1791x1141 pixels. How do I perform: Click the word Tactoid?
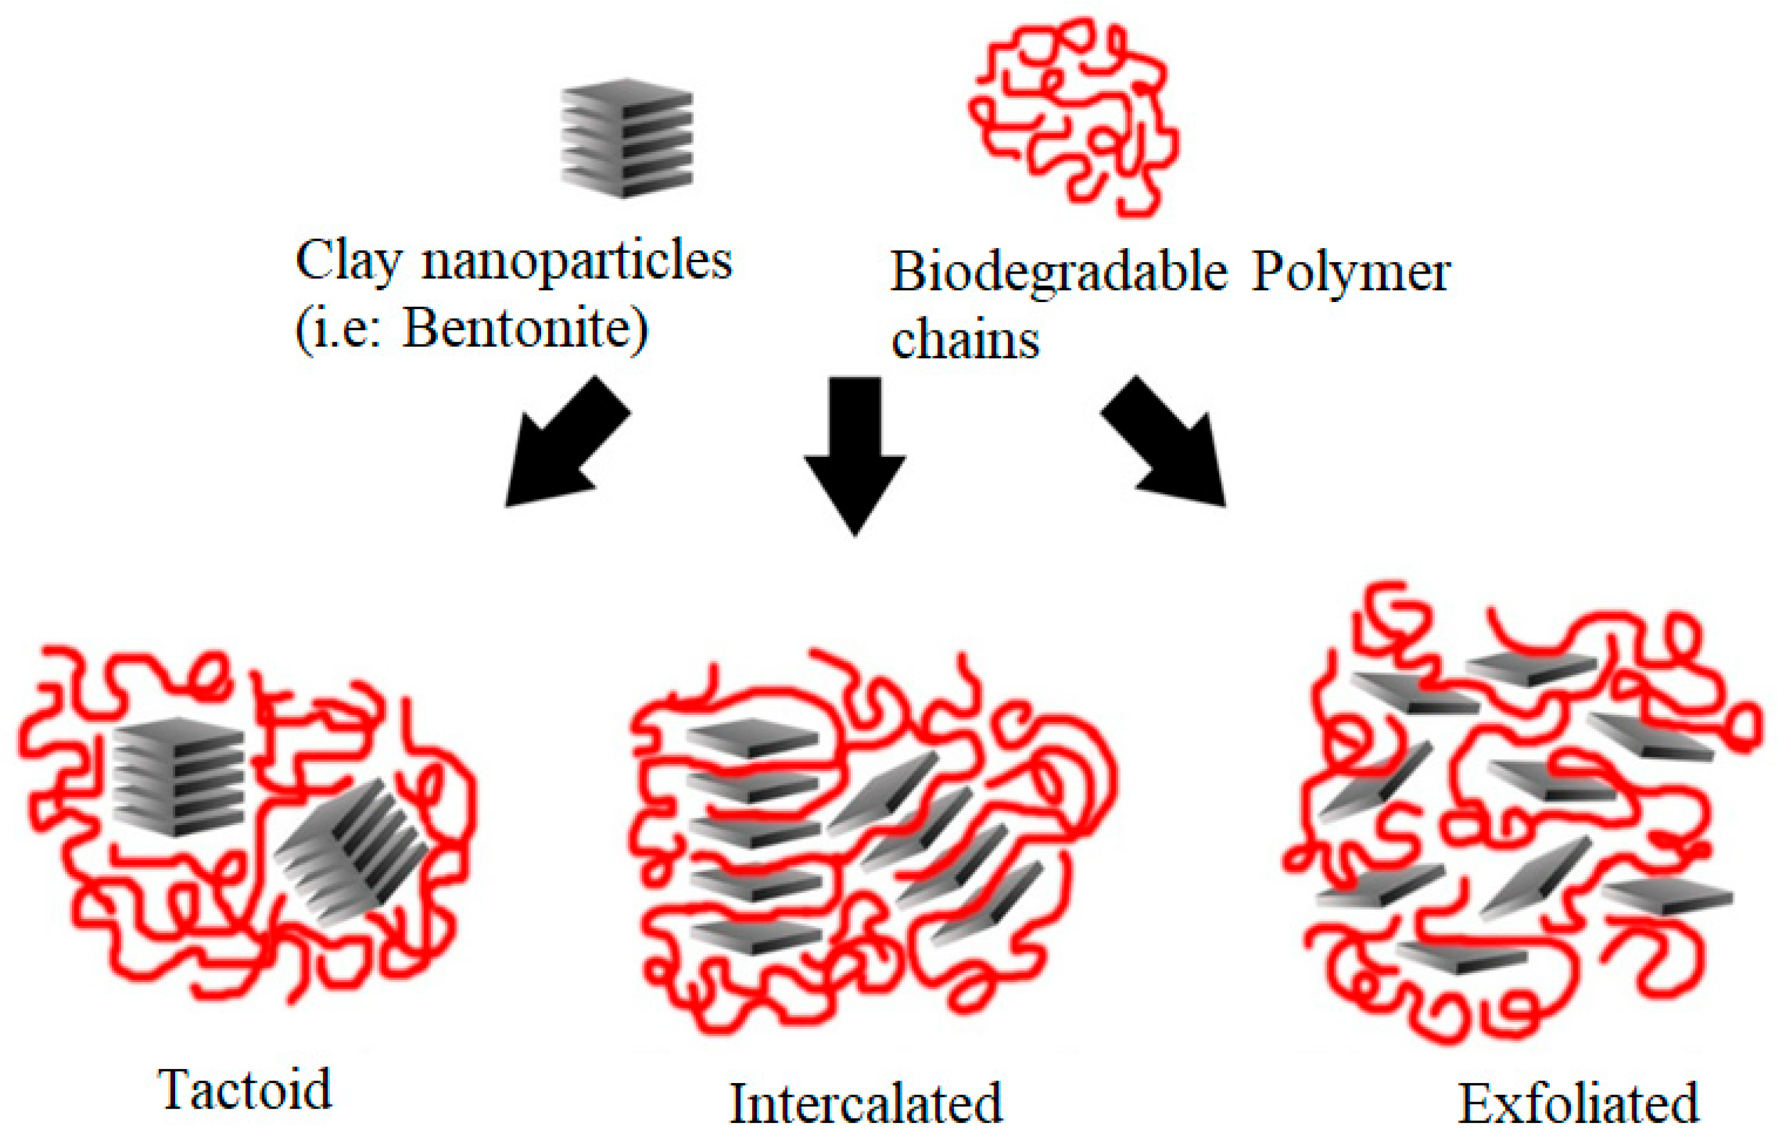pyautogui.click(x=244, y=1090)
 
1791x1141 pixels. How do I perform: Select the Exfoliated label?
pyautogui.click(x=1578, y=1104)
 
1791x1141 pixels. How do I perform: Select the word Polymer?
pyautogui.click(x=1351, y=272)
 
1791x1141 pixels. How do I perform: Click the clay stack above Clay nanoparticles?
pyautogui.click(x=627, y=138)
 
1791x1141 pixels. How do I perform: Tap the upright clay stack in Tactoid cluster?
pyautogui.click(x=179, y=777)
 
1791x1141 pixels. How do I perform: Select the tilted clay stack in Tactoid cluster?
pyautogui.click(x=350, y=851)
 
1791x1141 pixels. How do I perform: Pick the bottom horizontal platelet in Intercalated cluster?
pyautogui.click(x=755, y=936)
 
